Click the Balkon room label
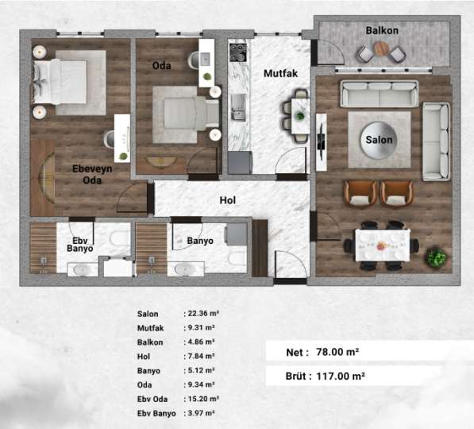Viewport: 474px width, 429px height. pyautogui.click(x=381, y=30)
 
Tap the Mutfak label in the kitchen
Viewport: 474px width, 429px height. pyautogui.click(x=280, y=73)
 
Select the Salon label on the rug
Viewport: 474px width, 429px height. pyautogui.click(x=379, y=140)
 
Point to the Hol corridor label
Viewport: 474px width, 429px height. pyautogui.click(x=229, y=200)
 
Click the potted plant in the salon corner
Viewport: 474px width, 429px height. pyautogui.click(x=435, y=257)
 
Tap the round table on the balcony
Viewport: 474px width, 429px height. pyautogui.click(x=382, y=49)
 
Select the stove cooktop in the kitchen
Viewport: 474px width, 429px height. pyautogui.click(x=237, y=52)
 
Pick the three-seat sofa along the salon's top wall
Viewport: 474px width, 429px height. pyautogui.click(x=379, y=94)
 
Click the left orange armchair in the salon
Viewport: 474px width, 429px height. pyautogui.click(x=360, y=192)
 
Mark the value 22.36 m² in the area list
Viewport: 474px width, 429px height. pyautogui.click(x=202, y=314)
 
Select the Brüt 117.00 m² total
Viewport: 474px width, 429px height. pyautogui.click(x=327, y=376)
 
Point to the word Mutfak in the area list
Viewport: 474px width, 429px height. pyautogui.click(x=149, y=327)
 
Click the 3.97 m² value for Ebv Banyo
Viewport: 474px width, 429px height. pyautogui.click(x=202, y=413)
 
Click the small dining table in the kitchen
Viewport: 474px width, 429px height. pyautogui.click(x=299, y=115)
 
